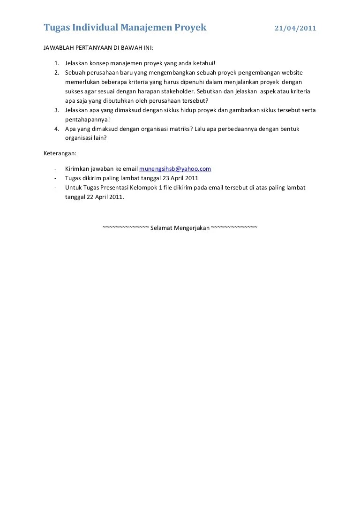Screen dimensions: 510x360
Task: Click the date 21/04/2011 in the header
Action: pos(295,28)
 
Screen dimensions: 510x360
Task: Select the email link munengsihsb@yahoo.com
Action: pos(175,169)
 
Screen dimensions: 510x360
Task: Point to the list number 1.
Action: pos(56,63)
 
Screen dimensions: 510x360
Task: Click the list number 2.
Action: pos(56,73)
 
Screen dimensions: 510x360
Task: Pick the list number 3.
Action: pos(56,110)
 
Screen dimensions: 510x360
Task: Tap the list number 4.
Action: pos(56,129)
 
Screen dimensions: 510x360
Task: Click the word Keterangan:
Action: pos(60,153)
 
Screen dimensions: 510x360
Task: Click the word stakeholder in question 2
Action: pos(180,91)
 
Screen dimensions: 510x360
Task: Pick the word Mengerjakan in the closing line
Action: pos(192,228)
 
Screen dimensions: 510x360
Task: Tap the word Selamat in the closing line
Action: pos(161,228)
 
